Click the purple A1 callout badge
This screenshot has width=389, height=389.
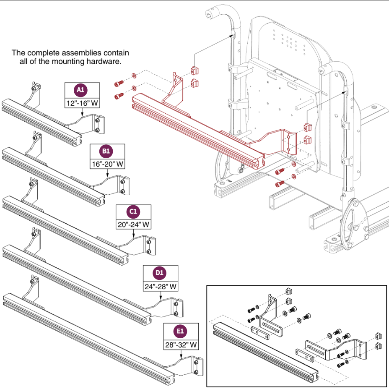81,89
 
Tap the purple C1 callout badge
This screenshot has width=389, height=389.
132,212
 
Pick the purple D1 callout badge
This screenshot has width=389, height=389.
160,273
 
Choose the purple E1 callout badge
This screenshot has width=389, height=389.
180,331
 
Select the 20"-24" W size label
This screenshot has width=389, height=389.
133,225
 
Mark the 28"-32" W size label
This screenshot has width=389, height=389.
180,345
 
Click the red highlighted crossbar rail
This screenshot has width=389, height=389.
197,128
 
